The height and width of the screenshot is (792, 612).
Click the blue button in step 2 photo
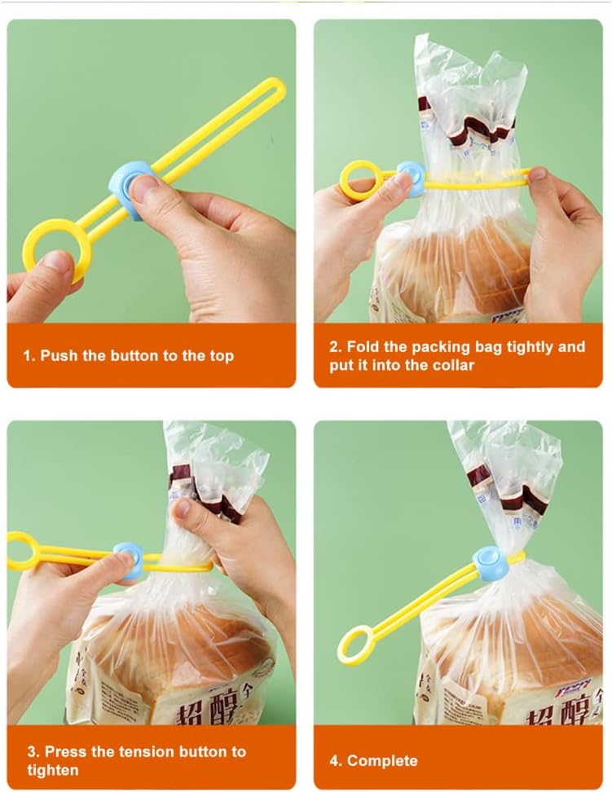413,177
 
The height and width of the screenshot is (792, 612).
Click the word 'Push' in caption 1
59,355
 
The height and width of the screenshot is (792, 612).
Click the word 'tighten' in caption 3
53,770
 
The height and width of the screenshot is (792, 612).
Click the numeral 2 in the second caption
334,346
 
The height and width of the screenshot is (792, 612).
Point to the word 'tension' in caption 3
143,751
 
